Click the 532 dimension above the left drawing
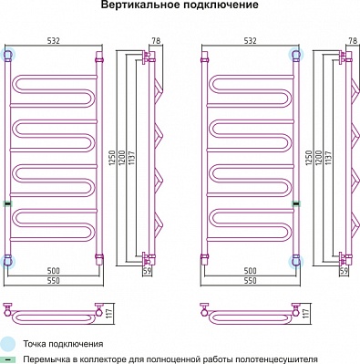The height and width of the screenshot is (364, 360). pos(54,41)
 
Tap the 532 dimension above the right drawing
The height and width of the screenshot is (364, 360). pos(251,41)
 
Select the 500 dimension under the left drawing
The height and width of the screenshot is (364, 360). pos(54,270)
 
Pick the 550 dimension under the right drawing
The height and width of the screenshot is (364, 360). pos(251,280)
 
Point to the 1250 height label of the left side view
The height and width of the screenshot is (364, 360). pos(112,158)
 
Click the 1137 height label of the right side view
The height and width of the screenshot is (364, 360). pos(328,158)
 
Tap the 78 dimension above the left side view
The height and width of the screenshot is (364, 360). pos(156,41)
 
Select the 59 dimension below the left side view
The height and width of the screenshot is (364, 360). pos(148,271)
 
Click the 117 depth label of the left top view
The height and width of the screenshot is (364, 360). pos(109,314)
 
